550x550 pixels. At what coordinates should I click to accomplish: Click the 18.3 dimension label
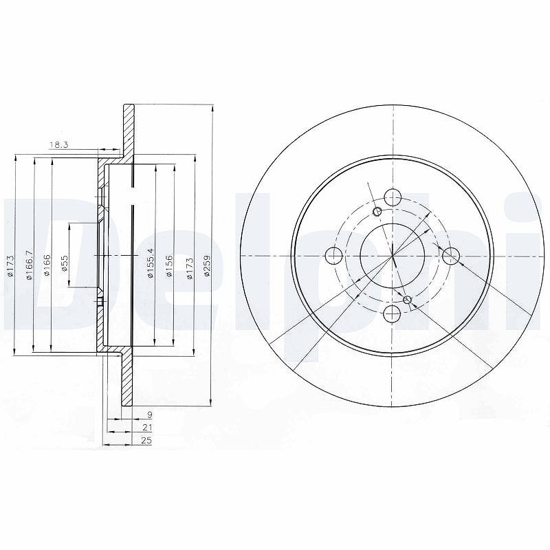[x=59, y=144]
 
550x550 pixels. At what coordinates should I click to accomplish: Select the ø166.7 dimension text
[x=30, y=265]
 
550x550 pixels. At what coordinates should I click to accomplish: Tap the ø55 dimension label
[x=64, y=263]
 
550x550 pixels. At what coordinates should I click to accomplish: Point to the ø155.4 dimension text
[x=151, y=263]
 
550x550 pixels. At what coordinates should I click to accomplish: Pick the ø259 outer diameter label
[x=207, y=266]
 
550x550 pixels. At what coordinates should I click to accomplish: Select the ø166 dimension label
[x=47, y=266]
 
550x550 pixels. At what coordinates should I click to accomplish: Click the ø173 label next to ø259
[x=190, y=268]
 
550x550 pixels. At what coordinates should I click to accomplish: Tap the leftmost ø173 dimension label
[x=10, y=267]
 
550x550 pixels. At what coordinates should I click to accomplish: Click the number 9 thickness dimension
[x=149, y=415]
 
